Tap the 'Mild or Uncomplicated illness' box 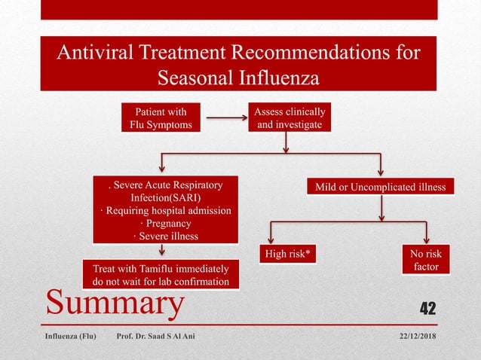coord(381,186)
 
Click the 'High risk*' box coord(286,255)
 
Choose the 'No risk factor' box coord(427,261)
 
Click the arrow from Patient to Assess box coord(225,118)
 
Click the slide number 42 coord(427,307)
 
